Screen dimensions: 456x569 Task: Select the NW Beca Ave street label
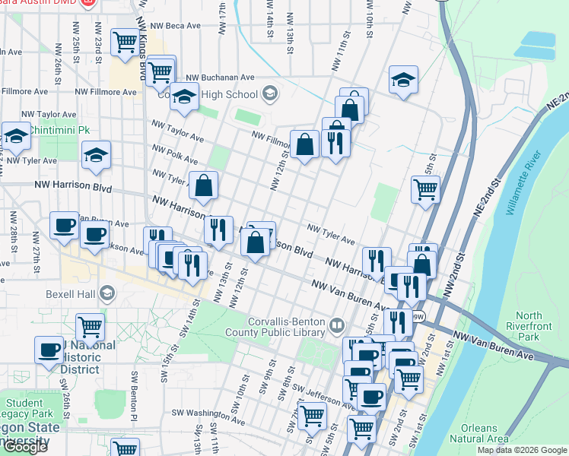[175, 25]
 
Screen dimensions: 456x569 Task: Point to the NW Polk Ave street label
[174, 155]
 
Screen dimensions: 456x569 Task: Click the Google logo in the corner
[24, 447]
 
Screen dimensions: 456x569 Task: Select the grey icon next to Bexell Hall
[107, 293]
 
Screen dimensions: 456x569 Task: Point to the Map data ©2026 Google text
[522, 450]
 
